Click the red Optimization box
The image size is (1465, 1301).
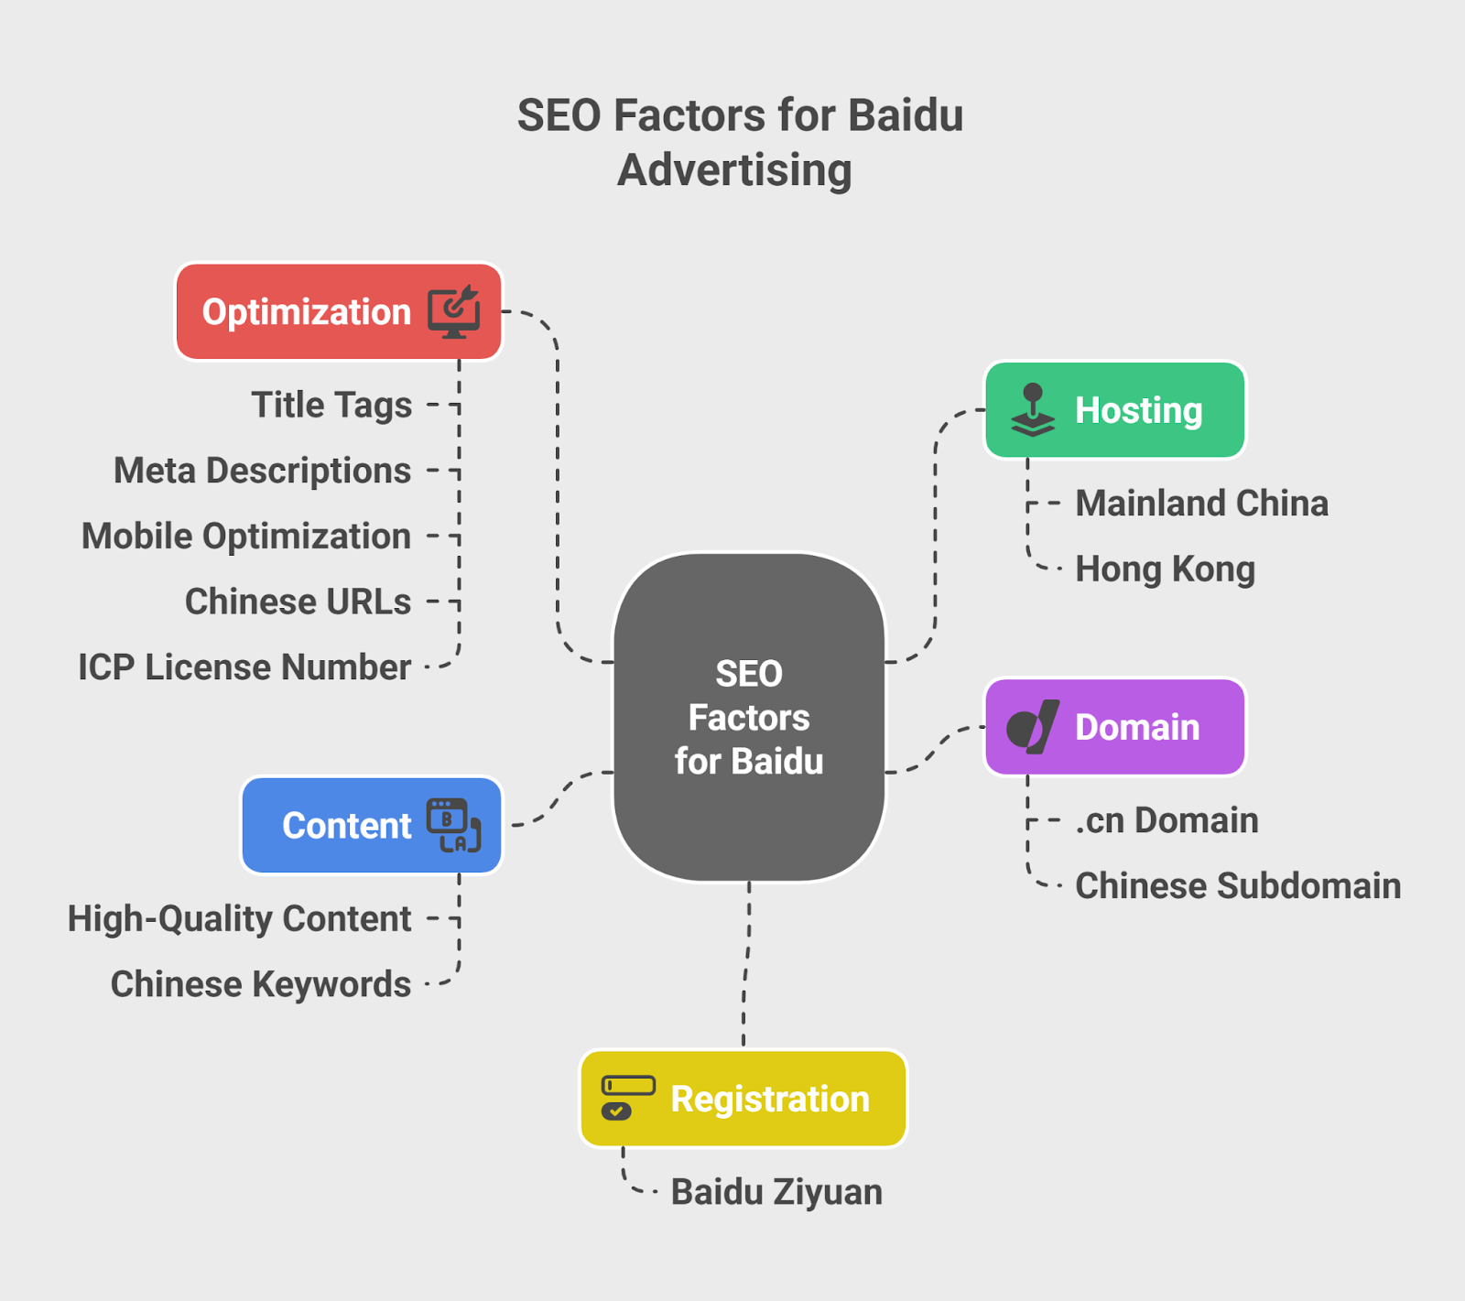click(338, 312)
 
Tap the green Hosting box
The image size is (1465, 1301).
click(1114, 410)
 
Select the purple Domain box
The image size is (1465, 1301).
click(1114, 727)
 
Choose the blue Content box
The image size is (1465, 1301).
click(371, 826)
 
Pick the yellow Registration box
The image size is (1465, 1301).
click(743, 1099)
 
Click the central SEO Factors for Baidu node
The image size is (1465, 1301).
click(749, 717)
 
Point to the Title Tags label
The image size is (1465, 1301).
click(331, 405)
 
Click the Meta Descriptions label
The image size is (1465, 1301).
click(262, 471)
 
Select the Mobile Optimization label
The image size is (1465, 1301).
click(246, 537)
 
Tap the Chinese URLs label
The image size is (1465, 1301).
click(298, 602)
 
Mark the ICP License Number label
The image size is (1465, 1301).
click(244, 667)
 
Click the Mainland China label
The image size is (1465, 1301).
click(1201, 504)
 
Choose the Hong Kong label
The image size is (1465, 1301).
click(1165, 569)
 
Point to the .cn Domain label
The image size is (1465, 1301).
click(1167, 820)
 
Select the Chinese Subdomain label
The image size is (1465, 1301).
click(1238, 886)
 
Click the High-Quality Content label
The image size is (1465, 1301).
click(239, 919)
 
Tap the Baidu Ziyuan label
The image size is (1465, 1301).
click(776, 1192)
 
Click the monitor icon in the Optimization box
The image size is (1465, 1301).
click(454, 311)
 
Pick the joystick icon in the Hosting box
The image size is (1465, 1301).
click(1033, 410)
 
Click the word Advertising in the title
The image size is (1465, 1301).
click(734, 170)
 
